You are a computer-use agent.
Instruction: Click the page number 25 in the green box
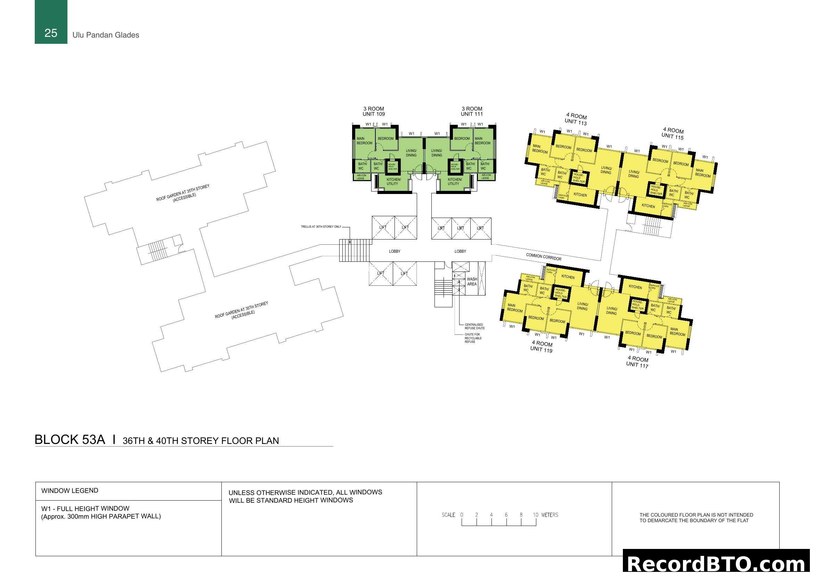(51, 33)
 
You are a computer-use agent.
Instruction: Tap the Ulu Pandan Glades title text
(106, 35)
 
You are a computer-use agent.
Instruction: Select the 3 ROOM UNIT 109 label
(374, 111)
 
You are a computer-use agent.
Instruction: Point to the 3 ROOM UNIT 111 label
(472, 111)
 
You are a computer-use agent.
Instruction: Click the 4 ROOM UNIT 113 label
(576, 119)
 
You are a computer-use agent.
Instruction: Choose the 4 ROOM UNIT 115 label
(673, 133)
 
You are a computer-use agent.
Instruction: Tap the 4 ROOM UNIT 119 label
(542, 346)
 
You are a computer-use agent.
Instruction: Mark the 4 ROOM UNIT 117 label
(637, 362)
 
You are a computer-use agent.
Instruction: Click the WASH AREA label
(472, 282)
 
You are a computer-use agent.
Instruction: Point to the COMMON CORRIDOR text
(544, 257)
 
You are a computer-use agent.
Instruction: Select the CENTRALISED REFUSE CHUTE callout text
(474, 326)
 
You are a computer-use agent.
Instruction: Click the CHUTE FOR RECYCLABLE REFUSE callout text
(473, 338)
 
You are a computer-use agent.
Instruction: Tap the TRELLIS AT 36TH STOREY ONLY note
(321, 227)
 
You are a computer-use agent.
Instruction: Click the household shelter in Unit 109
(393, 167)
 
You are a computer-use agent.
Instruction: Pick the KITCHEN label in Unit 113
(580, 195)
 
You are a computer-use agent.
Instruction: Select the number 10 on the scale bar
(535, 515)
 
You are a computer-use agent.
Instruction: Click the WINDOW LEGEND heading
(70, 491)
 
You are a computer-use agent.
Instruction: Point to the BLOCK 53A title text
(70, 439)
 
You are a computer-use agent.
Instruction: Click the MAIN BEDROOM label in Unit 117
(677, 332)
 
